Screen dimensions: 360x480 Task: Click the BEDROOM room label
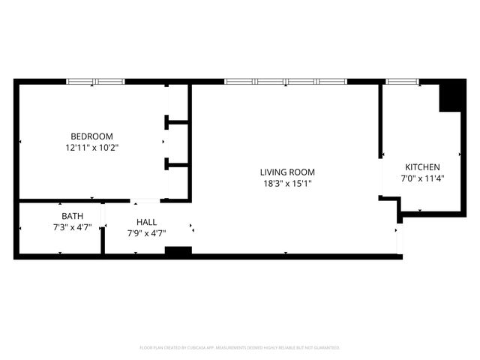tap(91, 136)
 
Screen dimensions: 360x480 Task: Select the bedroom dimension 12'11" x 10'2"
tap(91, 148)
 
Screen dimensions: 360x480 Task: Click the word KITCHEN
tap(422, 167)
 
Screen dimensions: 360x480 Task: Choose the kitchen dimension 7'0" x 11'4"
tap(422, 178)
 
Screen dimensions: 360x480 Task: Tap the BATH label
tap(73, 216)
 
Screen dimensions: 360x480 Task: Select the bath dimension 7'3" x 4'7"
tap(73, 226)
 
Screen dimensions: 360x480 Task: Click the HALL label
tap(146, 222)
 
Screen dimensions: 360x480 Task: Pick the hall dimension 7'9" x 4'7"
tap(146, 233)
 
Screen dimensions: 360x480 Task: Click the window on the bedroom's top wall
tap(95, 81)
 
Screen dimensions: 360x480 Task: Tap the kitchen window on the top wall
tap(402, 81)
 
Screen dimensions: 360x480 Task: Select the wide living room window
tap(285, 81)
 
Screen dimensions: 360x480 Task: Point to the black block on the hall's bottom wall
tap(178, 251)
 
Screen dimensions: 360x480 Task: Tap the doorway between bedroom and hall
tap(145, 201)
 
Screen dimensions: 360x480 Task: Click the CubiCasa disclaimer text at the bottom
tap(240, 347)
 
